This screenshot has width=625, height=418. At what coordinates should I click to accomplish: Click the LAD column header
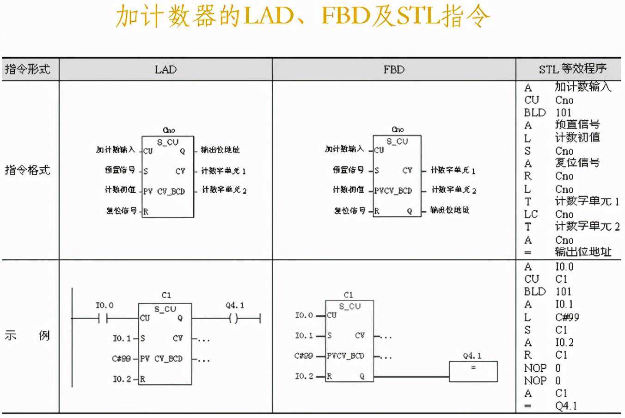(x=165, y=70)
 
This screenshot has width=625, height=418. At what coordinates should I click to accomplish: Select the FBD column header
(x=394, y=70)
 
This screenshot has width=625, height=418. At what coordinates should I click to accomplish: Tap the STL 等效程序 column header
(x=572, y=69)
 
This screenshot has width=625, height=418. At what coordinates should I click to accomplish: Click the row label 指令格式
(x=27, y=170)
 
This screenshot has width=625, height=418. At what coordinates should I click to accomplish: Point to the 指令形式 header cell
(x=27, y=69)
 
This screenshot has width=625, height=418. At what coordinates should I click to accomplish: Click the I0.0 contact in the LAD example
(x=103, y=318)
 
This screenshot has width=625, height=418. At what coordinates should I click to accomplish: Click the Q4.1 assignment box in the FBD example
(x=473, y=371)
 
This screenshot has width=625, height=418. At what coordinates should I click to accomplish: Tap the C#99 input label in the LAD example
(x=121, y=359)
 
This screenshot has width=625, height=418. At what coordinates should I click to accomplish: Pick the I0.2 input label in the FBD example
(x=304, y=376)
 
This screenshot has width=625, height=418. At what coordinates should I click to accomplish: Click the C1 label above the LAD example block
(x=166, y=295)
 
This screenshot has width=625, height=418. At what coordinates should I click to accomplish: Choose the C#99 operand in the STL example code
(x=567, y=318)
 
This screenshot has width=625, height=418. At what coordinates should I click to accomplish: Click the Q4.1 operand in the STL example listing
(x=566, y=406)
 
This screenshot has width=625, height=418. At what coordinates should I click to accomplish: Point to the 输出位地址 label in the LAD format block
(x=220, y=150)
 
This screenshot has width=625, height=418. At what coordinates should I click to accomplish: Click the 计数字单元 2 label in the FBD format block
(x=453, y=190)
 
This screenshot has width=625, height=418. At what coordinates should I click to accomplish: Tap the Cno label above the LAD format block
(x=169, y=130)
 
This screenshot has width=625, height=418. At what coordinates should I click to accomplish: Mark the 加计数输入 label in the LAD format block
(x=116, y=150)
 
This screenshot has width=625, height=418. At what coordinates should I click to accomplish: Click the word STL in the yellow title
(x=418, y=17)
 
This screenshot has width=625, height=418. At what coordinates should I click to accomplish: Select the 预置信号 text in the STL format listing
(x=577, y=125)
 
